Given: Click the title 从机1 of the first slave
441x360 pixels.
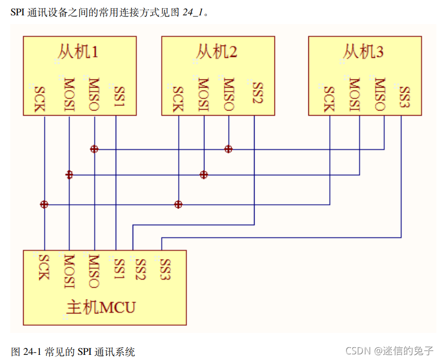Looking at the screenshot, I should [77, 52].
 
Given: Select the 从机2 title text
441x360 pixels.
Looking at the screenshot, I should [216, 52].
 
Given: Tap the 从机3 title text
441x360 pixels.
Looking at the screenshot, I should [363, 52].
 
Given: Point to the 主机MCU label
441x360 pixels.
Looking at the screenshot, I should [101, 307].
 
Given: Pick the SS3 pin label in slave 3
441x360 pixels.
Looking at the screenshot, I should [404, 96].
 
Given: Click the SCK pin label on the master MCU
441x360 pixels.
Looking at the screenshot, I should [44, 266].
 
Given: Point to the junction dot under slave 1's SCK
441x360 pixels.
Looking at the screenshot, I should [44, 205].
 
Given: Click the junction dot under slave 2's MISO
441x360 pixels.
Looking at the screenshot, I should [228, 149].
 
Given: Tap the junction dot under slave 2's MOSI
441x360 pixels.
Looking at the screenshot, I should [204, 175].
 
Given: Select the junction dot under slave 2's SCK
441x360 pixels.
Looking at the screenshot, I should [178, 205].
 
